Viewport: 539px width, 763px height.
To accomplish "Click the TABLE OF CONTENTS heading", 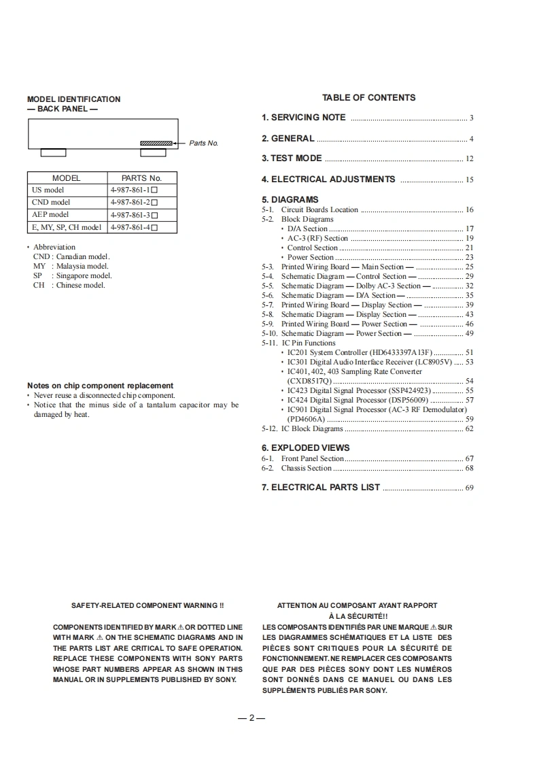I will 368,98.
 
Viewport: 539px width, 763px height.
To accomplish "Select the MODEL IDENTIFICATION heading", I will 73,99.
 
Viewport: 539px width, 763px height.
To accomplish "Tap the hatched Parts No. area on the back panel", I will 156,143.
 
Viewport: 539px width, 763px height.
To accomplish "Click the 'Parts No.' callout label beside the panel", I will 203,143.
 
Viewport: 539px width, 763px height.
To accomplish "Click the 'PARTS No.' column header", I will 141,178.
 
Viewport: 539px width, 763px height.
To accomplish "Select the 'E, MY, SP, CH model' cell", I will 67,227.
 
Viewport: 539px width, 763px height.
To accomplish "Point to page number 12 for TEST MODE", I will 469,159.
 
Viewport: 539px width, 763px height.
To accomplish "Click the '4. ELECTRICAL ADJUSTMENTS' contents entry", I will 328,180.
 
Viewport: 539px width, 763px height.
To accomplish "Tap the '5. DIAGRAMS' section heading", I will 290,200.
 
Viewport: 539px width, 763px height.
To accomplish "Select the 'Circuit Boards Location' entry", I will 319,210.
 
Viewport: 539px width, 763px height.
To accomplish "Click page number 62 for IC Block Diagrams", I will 469,429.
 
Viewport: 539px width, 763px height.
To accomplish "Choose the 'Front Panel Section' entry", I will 313,459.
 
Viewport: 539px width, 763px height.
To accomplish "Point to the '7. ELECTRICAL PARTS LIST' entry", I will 321,488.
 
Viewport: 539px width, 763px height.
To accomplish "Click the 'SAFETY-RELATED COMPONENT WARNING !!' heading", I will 147,605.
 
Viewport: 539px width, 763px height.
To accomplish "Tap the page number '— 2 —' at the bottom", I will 251,719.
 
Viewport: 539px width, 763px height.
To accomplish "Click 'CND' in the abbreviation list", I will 41,256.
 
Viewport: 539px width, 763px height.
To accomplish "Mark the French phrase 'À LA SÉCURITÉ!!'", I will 357,616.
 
